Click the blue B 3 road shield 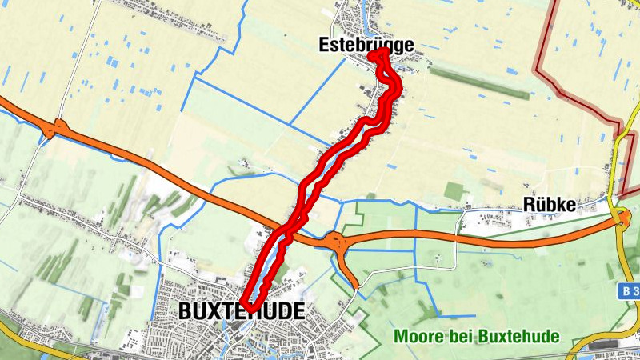click(630, 293)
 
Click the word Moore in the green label click(415, 336)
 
